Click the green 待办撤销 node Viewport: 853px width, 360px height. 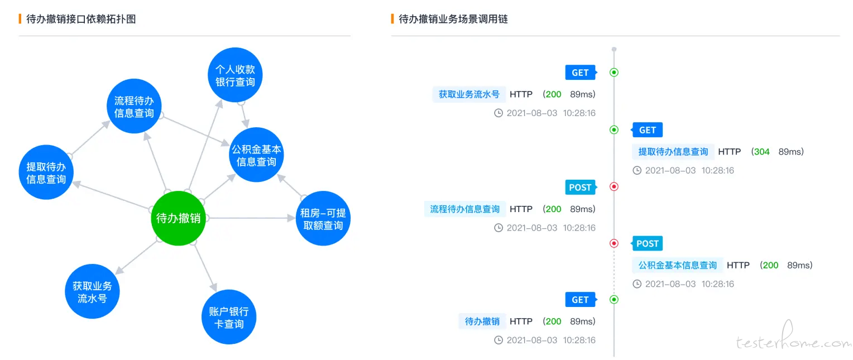point(178,218)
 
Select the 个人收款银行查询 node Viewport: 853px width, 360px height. point(235,75)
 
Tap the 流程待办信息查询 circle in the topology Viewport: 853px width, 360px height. point(134,106)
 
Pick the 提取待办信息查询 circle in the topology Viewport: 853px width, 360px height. point(46,172)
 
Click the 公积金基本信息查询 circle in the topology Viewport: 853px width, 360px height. point(256,155)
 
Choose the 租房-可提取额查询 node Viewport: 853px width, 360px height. point(323,218)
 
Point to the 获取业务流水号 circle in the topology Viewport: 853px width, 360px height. point(92,291)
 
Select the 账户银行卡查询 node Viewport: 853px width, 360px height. point(228,317)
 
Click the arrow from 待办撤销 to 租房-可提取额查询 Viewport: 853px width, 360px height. point(251,218)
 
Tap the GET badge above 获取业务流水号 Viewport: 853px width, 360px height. point(581,73)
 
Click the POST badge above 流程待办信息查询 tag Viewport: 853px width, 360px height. point(581,187)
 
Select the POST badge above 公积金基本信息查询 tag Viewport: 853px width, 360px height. point(647,243)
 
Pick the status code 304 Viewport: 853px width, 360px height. point(761,152)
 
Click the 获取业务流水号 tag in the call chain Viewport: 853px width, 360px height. point(469,94)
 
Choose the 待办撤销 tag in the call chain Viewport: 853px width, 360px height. point(482,321)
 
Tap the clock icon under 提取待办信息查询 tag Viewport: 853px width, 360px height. point(637,170)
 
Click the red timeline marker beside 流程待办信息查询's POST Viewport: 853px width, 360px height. point(614,186)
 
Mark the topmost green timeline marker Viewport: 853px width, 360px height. point(614,73)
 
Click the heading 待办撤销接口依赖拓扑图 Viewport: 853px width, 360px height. point(81,19)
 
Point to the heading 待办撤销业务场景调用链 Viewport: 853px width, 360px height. point(453,19)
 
